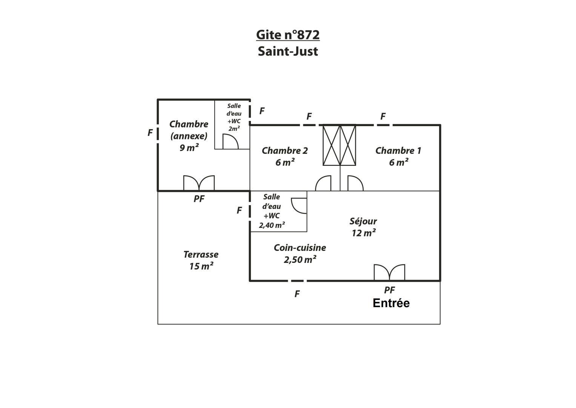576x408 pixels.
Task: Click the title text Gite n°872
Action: click(x=288, y=35)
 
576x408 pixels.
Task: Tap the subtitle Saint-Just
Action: click(x=288, y=51)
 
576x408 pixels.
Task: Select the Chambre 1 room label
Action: click(x=398, y=151)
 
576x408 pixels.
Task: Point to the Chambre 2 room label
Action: click(x=285, y=151)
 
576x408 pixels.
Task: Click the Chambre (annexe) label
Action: click(x=189, y=130)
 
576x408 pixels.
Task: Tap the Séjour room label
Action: click(x=363, y=221)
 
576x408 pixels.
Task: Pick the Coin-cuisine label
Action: click(x=300, y=248)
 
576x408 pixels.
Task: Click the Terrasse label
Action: click(x=201, y=255)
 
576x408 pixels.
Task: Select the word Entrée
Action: click(x=391, y=303)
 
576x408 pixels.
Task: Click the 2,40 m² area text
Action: click(x=272, y=226)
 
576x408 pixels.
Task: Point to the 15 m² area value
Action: click(x=201, y=266)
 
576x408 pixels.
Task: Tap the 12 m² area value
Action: click(x=364, y=233)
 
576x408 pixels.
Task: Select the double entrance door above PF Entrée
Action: click(x=389, y=272)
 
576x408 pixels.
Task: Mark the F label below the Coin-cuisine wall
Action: click(x=297, y=294)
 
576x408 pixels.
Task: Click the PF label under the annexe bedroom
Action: click(x=199, y=199)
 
